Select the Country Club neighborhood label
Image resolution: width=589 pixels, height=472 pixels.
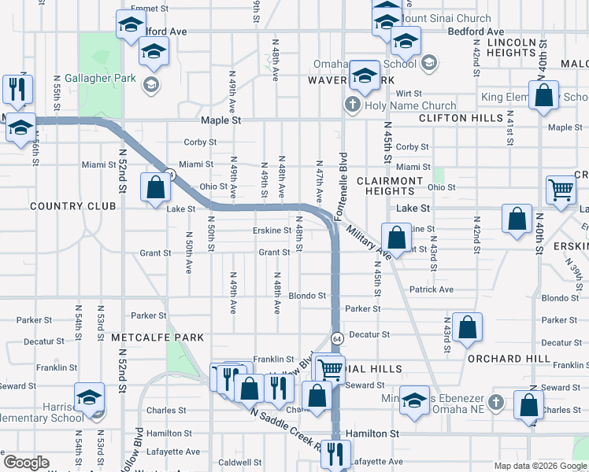[x=72, y=206]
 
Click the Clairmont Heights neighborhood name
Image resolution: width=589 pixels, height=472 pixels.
[x=390, y=186]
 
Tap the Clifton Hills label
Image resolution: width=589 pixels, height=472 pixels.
[x=461, y=118]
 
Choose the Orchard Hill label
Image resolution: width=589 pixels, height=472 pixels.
[x=508, y=359]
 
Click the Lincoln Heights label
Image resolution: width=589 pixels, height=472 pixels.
[x=517, y=47]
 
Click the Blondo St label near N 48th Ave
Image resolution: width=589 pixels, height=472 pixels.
[x=307, y=296]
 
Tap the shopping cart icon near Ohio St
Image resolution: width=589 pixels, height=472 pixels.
[x=561, y=190]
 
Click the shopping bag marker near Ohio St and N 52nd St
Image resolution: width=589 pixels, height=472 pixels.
[x=155, y=187]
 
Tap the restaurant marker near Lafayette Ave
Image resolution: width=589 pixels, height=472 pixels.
[x=336, y=453]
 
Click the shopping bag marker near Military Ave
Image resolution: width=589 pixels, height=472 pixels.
[x=396, y=236]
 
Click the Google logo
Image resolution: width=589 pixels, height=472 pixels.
[x=26, y=463]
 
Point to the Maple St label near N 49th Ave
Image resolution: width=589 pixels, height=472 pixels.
[x=220, y=121]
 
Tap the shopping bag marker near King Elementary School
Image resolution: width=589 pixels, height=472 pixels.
[x=543, y=96]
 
